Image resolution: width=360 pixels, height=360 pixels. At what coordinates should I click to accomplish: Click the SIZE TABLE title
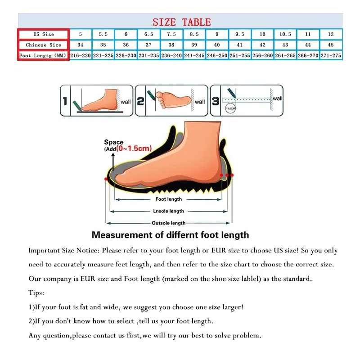coord(181,22)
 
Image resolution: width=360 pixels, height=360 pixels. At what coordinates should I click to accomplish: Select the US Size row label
coord(43,34)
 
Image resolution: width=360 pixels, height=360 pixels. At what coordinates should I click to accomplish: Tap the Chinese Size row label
coord(43,45)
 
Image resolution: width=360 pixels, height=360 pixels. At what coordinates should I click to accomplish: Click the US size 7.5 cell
coord(171,34)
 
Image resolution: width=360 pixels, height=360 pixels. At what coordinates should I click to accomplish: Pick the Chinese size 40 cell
coord(217,45)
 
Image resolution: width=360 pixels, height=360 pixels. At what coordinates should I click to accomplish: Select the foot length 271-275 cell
coord(331,55)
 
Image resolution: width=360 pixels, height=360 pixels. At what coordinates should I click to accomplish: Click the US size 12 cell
coord(331,34)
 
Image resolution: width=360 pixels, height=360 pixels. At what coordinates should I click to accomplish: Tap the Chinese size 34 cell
coord(81,45)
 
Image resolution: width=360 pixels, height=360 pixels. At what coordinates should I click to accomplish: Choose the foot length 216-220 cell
coord(81,55)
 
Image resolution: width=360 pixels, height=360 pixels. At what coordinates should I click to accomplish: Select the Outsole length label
coord(169,223)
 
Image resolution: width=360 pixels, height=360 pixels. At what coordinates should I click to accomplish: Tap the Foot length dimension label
coord(169,199)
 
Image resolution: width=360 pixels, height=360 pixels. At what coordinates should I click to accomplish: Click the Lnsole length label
coord(169,211)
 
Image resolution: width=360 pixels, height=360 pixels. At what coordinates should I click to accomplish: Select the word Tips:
coord(36,292)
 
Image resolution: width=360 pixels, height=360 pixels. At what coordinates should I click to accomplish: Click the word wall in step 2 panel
coord(200,102)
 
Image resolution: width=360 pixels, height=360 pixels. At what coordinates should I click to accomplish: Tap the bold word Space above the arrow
coord(114,142)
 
